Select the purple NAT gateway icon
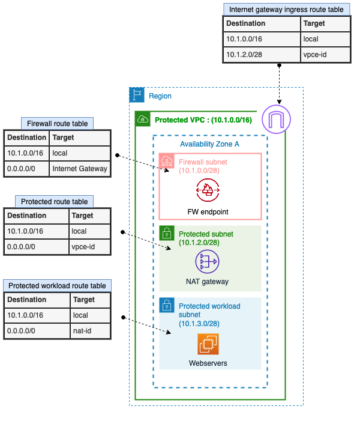pyautogui.click(x=207, y=261)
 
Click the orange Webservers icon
pyautogui.click(x=209, y=344)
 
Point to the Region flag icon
pyautogui.click(x=137, y=95)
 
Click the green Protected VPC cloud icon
pyautogui.click(x=142, y=119)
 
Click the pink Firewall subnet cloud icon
pyautogui.click(x=166, y=160)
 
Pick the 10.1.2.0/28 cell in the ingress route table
pyautogui.click(x=262, y=55)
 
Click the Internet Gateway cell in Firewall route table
pyautogui.click(x=80, y=169)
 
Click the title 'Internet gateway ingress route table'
pyautogui.click(x=286, y=10)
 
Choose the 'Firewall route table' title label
pyautogui.click(x=57, y=124)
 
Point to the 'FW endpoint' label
pyautogui.click(x=207, y=212)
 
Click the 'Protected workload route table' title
pyautogui.click(x=57, y=286)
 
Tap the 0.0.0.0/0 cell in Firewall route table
pyautogui.click(x=26, y=169)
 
